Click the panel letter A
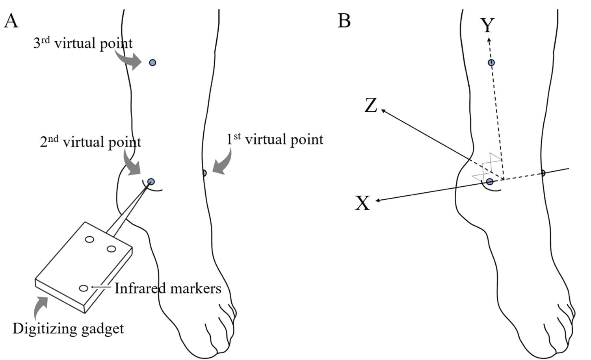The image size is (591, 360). [x=11, y=20]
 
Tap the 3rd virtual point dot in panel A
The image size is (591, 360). [x=152, y=63]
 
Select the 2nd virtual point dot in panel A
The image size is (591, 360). [x=151, y=182]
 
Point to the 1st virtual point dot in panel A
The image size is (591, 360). [x=204, y=173]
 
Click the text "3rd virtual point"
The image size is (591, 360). [x=83, y=43]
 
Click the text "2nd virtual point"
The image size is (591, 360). [x=90, y=142]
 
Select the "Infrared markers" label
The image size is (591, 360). [x=168, y=288]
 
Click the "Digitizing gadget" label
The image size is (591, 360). [x=68, y=328]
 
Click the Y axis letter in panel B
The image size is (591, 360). [x=487, y=26]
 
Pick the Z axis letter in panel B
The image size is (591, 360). [x=371, y=106]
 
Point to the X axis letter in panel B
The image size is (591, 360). [x=362, y=204]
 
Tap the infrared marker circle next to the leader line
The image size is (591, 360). [x=83, y=288]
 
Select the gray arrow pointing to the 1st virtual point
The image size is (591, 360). [x=223, y=164]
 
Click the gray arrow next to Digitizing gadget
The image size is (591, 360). [x=40, y=307]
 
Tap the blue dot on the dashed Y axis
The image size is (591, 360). [x=491, y=63]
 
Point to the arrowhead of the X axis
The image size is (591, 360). [x=377, y=200]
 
